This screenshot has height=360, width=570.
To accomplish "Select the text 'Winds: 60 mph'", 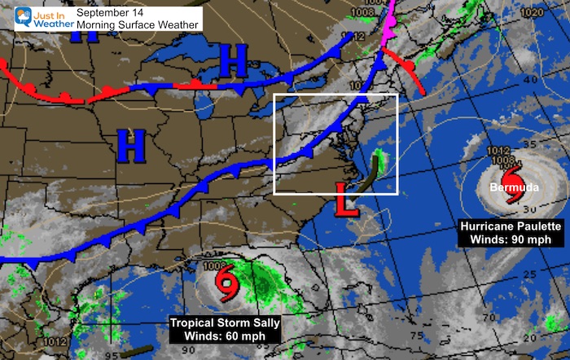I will [x=224, y=335].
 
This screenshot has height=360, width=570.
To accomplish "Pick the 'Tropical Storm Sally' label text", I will [x=224, y=323].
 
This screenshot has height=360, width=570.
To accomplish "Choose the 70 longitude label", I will [x=488, y=318].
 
